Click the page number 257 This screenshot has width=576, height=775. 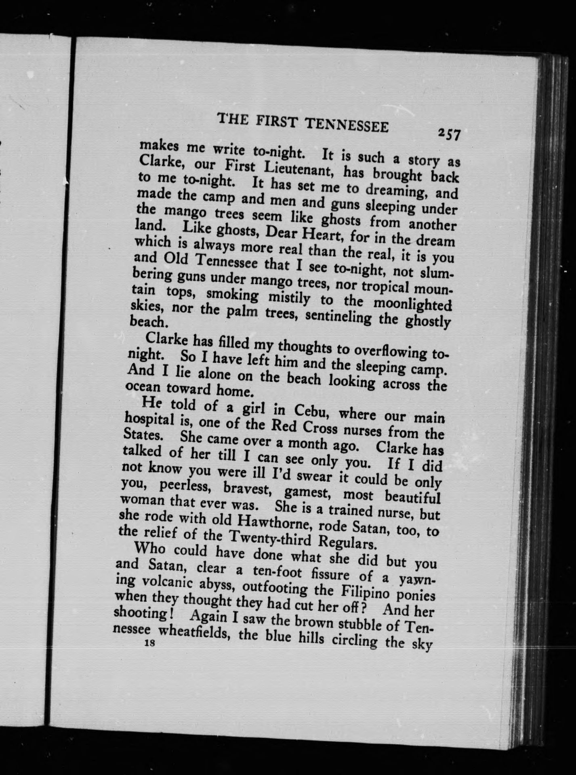(x=448, y=134)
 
